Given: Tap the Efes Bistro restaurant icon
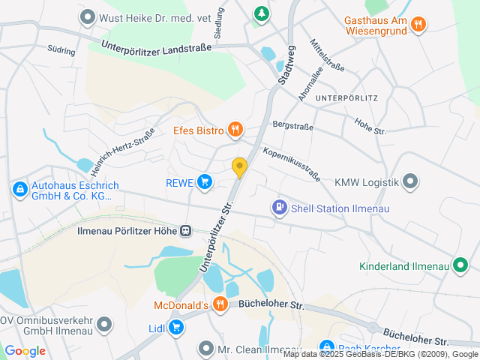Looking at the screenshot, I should [x=235, y=130].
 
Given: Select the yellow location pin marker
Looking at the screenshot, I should [x=239, y=168].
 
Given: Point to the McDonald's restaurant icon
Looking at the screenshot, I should [x=220, y=304].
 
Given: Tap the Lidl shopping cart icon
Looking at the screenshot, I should [x=175, y=327].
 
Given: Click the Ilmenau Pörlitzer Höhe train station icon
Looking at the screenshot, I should [x=185, y=232].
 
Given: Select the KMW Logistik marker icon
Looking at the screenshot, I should [x=410, y=181].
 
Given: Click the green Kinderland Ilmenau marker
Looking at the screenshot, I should [x=460, y=265].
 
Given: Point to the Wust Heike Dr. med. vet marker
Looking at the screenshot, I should [x=88, y=15].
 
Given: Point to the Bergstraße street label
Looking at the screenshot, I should [x=291, y=125].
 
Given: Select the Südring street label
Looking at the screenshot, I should [x=61, y=52].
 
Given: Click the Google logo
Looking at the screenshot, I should [x=25, y=351].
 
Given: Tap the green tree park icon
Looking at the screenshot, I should [x=260, y=13].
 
